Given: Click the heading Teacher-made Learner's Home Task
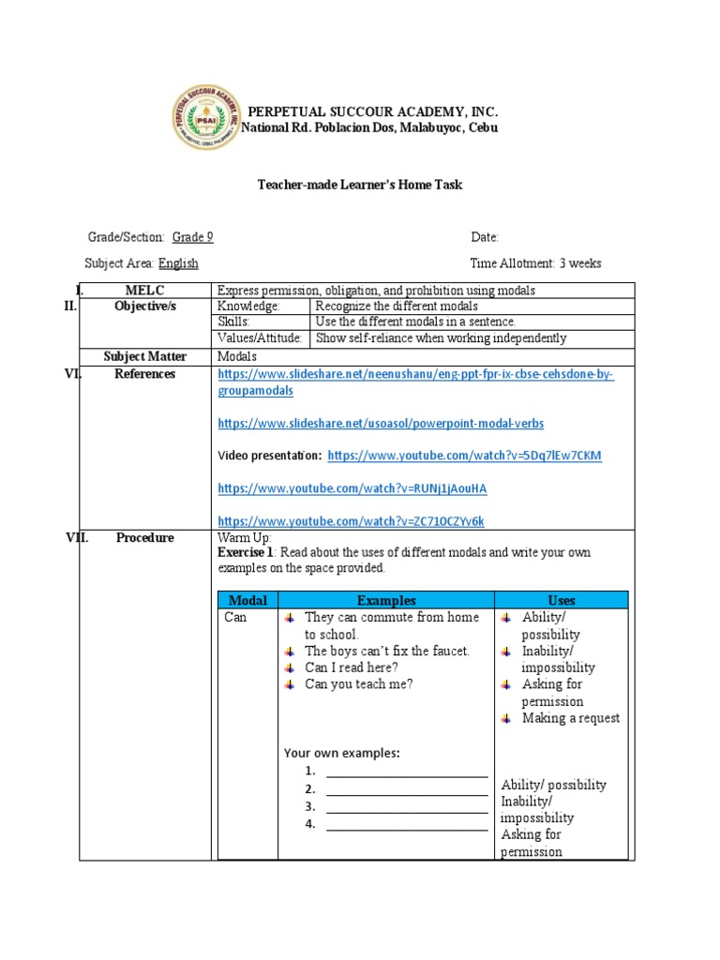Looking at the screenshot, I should point(360,185).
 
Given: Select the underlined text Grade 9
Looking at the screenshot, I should point(192,237).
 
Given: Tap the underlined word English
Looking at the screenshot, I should point(178,263).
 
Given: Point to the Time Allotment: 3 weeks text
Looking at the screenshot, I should point(535,263).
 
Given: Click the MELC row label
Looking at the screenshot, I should point(144,291).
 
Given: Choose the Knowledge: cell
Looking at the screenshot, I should point(248,307).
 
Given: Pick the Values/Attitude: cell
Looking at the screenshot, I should point(260,338).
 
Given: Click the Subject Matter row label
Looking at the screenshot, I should point(145,356).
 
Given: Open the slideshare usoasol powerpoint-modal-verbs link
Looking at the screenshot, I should point(381,424).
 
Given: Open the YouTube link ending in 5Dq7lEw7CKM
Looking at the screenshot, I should point(464,456).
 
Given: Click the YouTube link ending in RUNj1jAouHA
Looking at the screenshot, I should point(352,488).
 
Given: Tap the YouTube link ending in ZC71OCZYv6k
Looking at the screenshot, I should point(351,520).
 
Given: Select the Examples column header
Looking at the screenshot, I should point(386,600).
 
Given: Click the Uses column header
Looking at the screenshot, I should point(562,600).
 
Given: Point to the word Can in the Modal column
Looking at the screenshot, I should point(235,618).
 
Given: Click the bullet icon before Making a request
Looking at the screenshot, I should point(505,718).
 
